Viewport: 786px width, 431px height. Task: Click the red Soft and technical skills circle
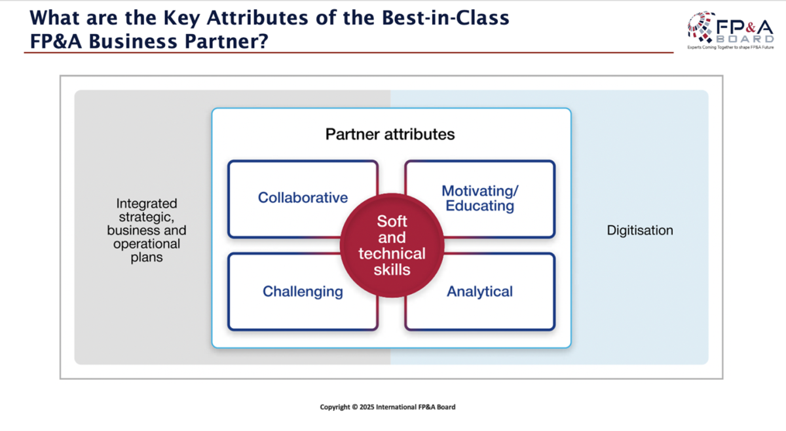point(392,246)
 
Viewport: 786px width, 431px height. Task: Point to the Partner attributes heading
point(390,134)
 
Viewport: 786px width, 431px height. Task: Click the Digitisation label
point(640,231)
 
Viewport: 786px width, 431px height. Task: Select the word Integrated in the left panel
point(147,204)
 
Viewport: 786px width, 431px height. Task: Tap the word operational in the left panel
point(147,244)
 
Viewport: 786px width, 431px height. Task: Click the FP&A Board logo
point(730,31)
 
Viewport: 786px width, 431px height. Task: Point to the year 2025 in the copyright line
point(367,407)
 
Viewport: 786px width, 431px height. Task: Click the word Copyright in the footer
point(335,407)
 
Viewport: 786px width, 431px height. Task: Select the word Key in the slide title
point(181,18)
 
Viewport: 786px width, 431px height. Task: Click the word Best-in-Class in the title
point(445,18)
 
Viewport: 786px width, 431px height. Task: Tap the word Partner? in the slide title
point(227,41)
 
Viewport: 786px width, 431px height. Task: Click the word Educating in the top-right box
point(479,206)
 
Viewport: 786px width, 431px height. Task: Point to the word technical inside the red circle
point(392,253)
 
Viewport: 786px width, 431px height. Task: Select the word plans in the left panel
point(147,257)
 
